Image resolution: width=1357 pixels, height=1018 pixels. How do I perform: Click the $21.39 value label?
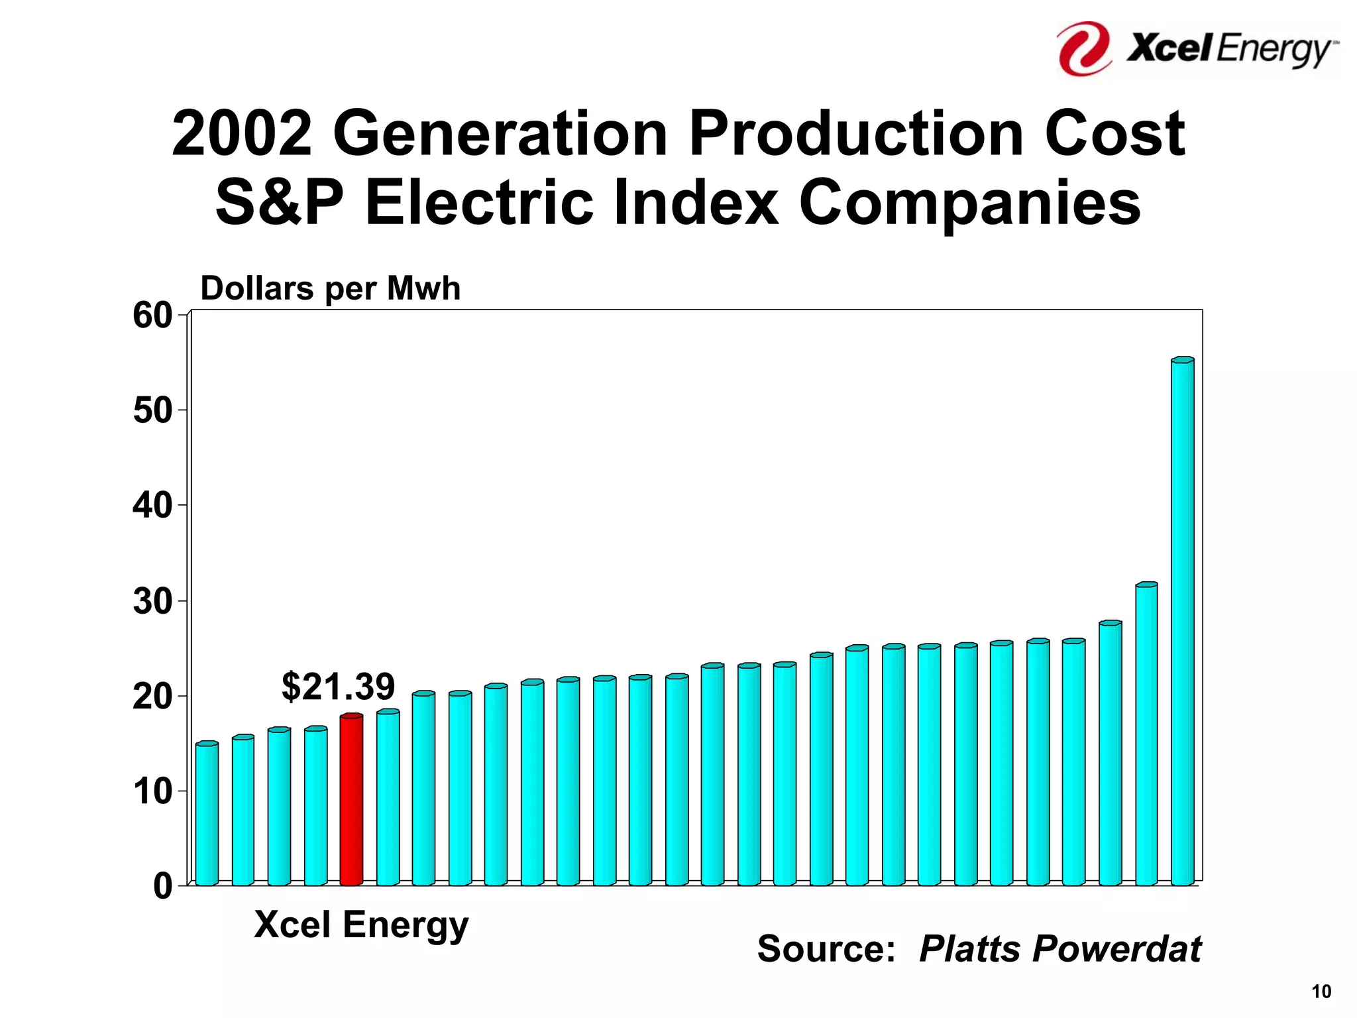(x=338, y=686)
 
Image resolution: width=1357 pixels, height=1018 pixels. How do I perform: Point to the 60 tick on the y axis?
(x=152, y=315)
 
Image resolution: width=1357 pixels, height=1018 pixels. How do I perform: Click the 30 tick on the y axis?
(x=152, y=602)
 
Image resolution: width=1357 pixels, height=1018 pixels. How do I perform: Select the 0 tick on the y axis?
(x=162, y=886)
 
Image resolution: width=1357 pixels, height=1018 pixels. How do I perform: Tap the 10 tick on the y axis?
(x=152, y=791)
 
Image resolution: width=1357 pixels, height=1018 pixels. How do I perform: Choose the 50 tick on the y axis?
(x=152, y=411)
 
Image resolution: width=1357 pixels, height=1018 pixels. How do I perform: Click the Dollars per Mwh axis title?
(x=330, y=289)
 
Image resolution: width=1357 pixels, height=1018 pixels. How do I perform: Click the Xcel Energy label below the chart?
(x=361, y=925)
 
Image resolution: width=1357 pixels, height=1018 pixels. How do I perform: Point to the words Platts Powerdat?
(x=1059, y=949)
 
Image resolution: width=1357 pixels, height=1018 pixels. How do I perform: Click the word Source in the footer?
(x=826, y=949)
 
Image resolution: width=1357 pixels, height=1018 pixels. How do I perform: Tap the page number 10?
(x=1321, y=991)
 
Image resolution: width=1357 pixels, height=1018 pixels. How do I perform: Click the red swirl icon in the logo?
(x=1084, y=48)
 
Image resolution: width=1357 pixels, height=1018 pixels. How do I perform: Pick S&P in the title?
(x=279, y=202)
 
